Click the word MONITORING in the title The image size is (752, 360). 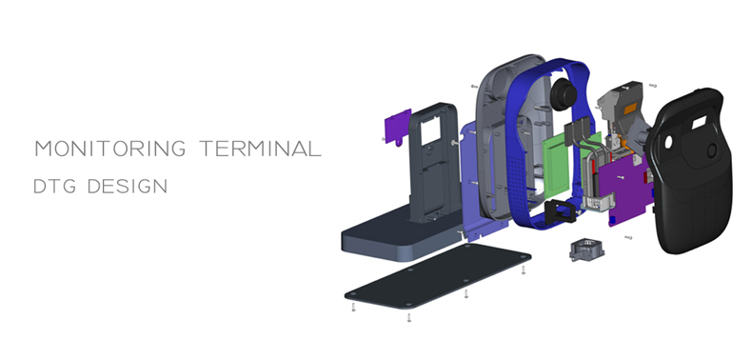[x=110, y=149]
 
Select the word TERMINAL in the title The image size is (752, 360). [x=261, y=149]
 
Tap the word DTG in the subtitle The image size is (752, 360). [x=54, y=187]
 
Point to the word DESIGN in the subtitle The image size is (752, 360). [x=128, y=187]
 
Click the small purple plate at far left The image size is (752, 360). [x=399, y=128]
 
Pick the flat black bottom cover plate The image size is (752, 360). [x=437, y=276]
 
